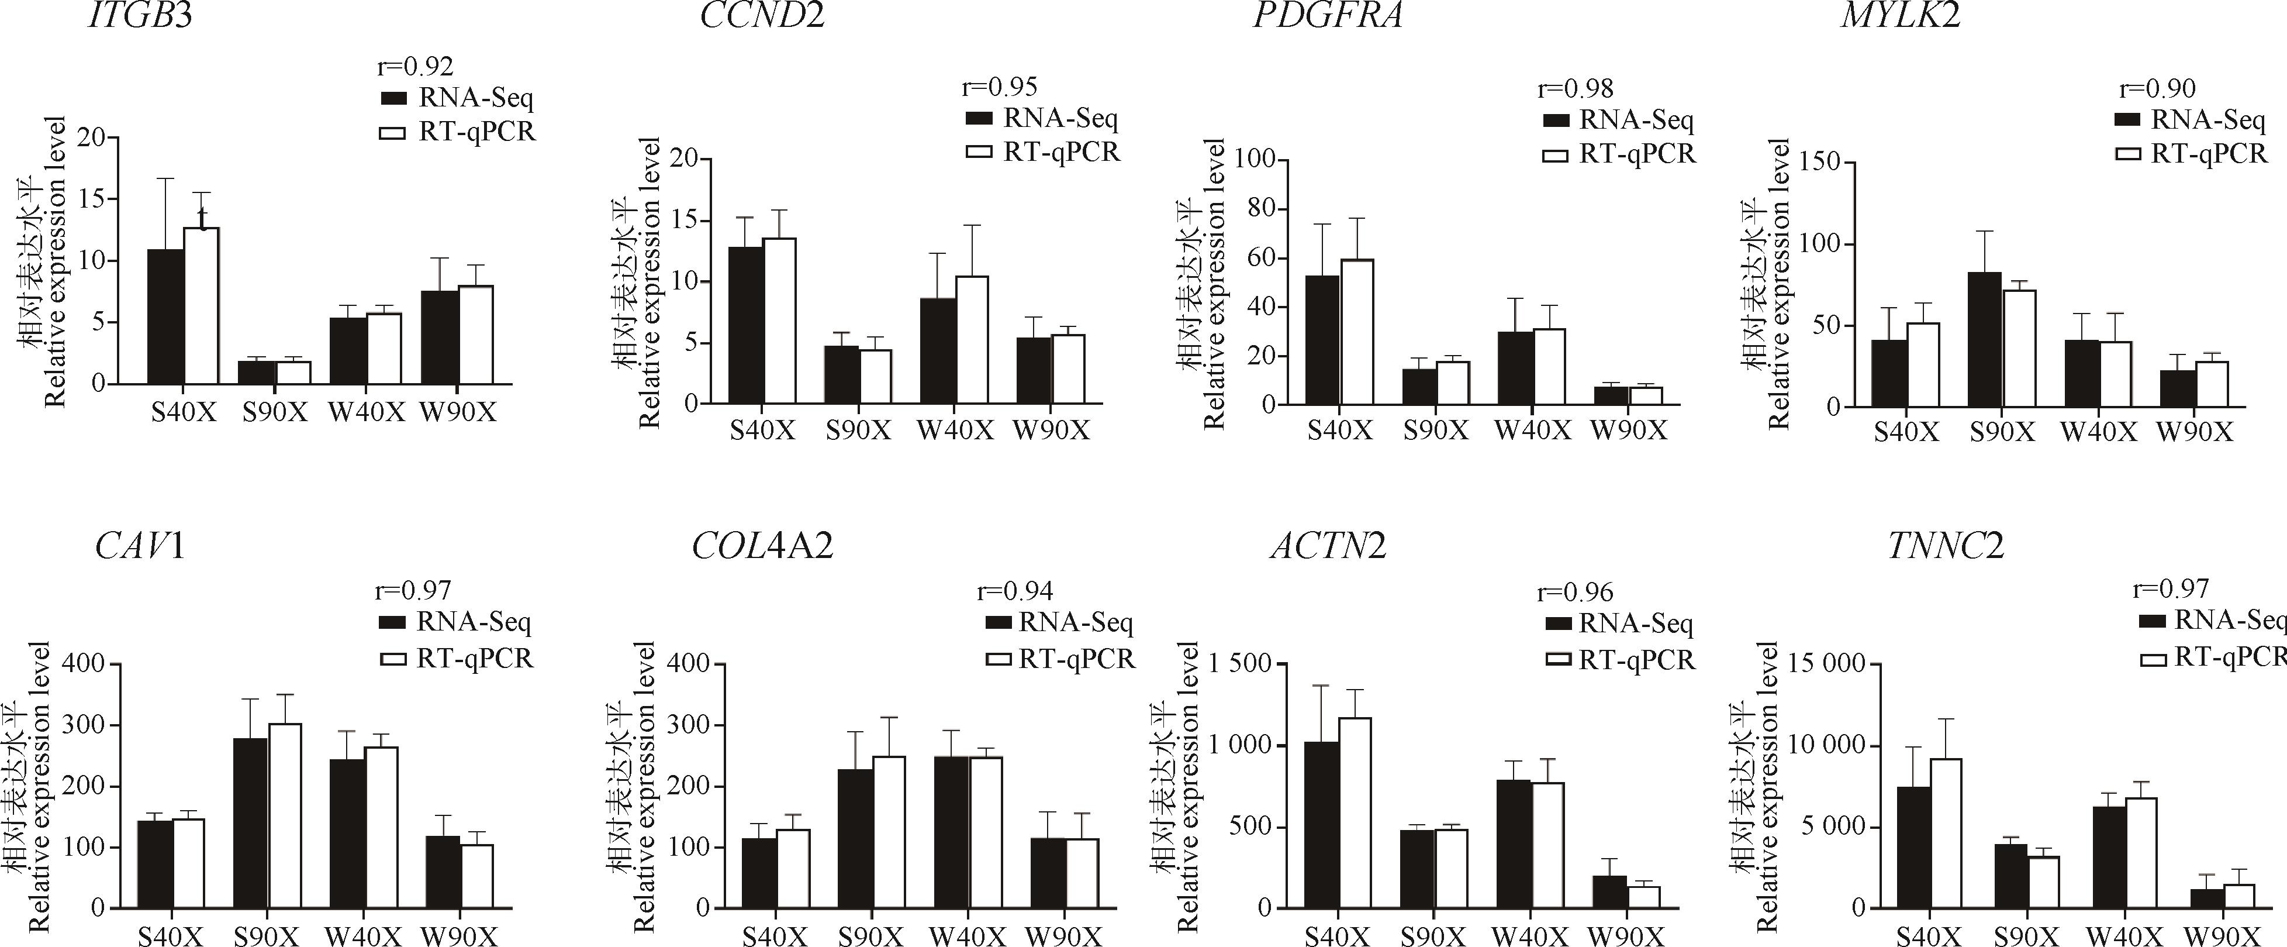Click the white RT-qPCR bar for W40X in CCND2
tap(972, 339)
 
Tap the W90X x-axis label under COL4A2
tap(1063, 937)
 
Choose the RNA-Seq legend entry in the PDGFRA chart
tap(1618, 121)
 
